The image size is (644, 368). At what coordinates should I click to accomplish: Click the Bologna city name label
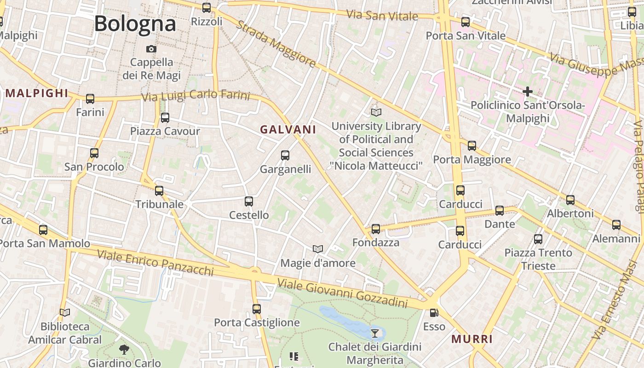135,24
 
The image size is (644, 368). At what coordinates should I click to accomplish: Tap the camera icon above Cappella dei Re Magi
151,49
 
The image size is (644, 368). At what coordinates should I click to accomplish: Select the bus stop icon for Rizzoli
207,8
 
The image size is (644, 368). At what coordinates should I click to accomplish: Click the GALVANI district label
288,130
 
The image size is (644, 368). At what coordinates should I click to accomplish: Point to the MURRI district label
472,339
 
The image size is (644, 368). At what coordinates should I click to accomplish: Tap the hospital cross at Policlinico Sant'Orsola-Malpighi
527,92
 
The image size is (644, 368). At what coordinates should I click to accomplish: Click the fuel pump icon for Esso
434,313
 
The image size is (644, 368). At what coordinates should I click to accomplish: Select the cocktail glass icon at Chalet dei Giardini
375,333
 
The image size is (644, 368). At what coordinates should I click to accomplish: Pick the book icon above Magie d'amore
317,249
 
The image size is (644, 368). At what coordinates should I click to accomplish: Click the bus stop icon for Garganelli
285,155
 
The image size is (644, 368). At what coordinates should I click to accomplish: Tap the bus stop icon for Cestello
249,201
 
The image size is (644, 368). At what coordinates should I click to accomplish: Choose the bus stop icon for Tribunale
159,190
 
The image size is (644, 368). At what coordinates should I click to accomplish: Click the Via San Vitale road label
382,15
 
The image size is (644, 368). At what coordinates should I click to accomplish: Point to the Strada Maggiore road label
276,44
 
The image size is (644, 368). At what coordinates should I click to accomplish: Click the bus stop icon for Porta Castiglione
257,309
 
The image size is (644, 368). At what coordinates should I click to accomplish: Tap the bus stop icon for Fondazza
376,229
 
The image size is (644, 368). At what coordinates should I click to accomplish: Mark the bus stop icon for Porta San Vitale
466,22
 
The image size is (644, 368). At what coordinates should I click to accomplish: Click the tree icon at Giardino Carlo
124,350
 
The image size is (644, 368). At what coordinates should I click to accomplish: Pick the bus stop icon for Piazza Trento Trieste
538,239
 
